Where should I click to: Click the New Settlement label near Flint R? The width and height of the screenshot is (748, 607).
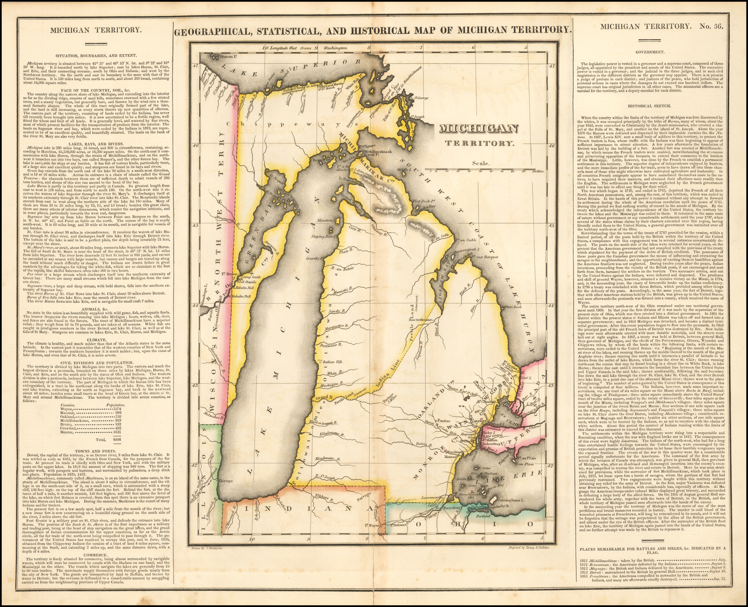[x=420, y=320]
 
